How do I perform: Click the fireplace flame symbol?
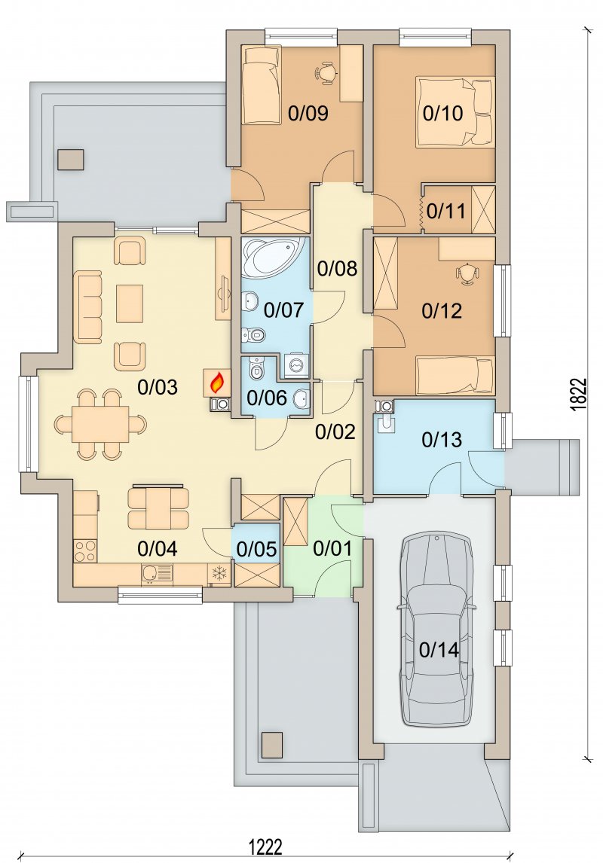click(218, 381)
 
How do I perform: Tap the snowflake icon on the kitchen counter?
click(220, 573)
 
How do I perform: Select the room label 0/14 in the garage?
click(439, 650)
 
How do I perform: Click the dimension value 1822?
click(577, 394)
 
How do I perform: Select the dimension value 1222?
click(266, 846)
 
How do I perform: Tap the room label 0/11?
click(446, 211)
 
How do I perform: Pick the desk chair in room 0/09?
click(327, 72)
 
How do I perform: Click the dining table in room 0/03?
click(100, 424)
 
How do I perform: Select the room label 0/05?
click(256, 549)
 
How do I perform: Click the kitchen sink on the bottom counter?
click(156, 575)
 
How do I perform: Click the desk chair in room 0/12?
click(467, 273)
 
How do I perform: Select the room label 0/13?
click(442, 440)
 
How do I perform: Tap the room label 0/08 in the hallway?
click(338, 269)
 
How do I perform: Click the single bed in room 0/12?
click(455, 376)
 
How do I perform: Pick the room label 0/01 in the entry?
click(332, 548)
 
